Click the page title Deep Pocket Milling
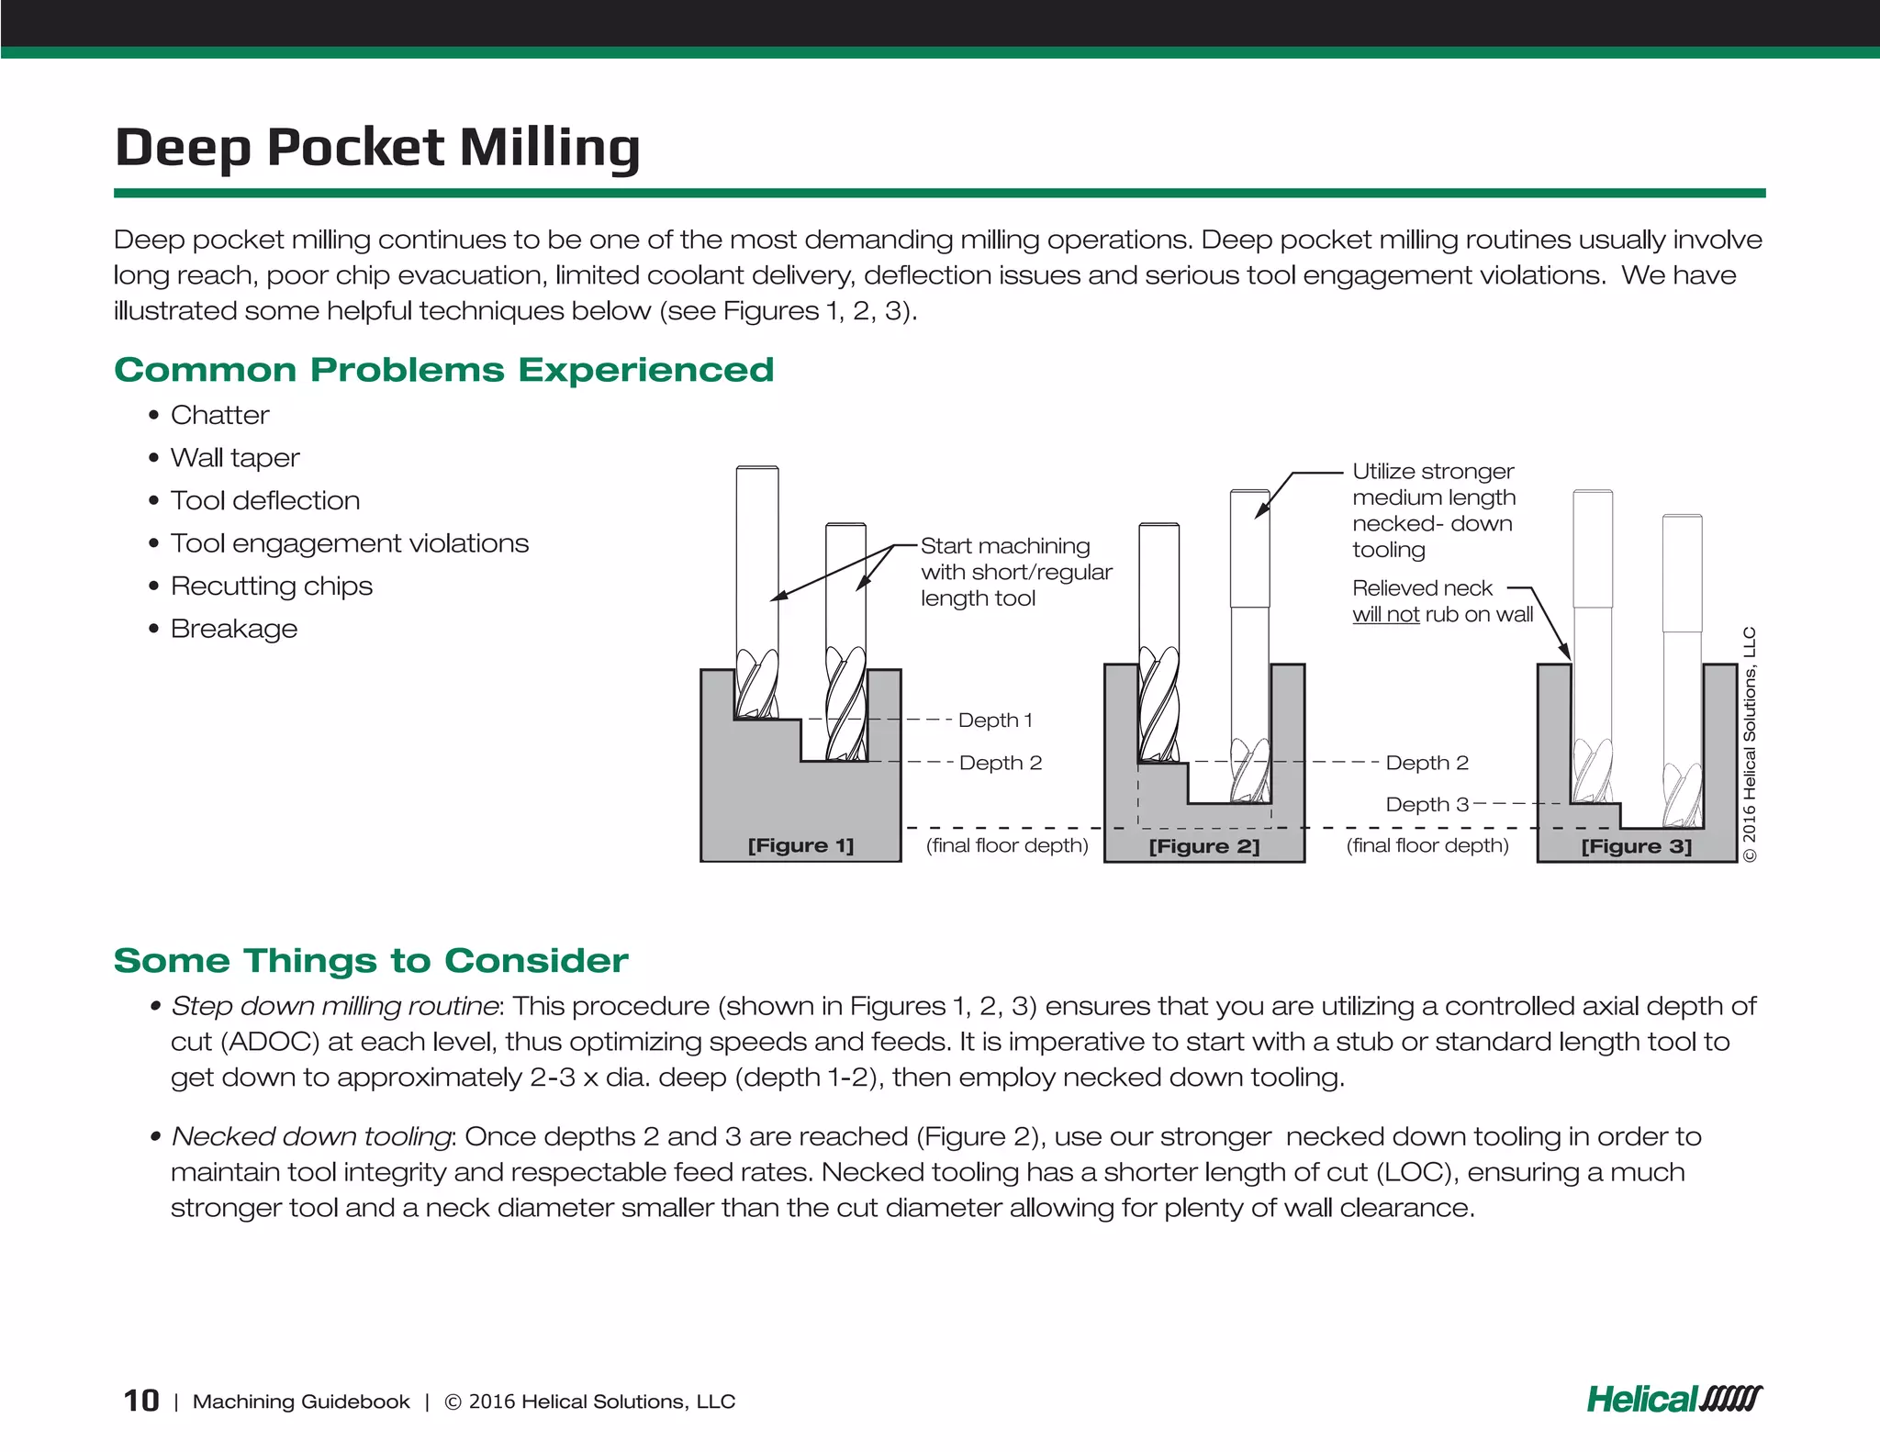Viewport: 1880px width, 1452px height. click(x=376, y=148)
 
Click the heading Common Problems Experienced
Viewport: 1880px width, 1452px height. click(x=443, y=370)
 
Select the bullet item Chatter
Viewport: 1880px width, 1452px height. click(x=219, y=415)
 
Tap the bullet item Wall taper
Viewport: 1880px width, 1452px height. click(x=235, y=457)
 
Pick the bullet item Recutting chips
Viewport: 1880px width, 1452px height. click(x=272, y=586)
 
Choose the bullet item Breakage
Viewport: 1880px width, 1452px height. click(x=234, y=629)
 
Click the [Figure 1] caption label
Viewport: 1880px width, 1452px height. click(x=800, y=845)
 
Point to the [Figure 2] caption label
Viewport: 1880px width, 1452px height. click(x=1203, y=846)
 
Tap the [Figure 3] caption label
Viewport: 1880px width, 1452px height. click(x=1636, y=846)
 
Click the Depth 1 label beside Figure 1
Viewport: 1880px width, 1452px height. click(x=995, y=720)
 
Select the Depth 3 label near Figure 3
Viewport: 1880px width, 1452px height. click(x=1427, y=805)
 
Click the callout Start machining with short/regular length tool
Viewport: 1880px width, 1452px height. click(x=1014, y=572)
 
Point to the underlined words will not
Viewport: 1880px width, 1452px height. click(x=1385, y=615)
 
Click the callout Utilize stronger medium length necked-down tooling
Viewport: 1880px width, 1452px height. click(x=1433, y=510)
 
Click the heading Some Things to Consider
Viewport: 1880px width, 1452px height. click(x=371, y=961)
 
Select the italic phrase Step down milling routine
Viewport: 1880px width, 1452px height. click(x=334, y=1006)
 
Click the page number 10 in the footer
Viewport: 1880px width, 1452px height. click(x=141, y=1401)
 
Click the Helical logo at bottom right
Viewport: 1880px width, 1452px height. click(x=1673, y=1399)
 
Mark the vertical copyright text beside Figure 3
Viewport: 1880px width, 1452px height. click(x=1750, y=744)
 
